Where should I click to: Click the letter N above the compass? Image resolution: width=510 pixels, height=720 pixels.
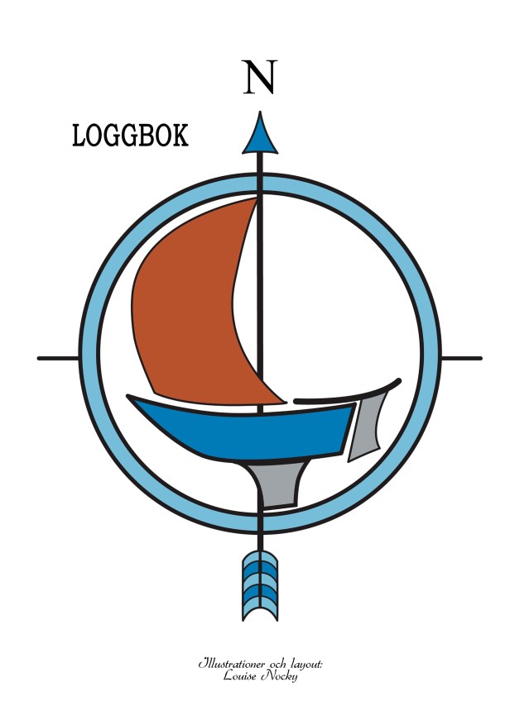point(260,77)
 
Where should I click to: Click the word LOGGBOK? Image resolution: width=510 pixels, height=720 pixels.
point(131,136)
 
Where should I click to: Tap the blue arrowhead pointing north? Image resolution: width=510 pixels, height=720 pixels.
point(260,133)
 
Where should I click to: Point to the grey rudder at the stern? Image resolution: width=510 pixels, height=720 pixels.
point(366,427)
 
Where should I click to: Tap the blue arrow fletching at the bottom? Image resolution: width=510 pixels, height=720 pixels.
point(260,585)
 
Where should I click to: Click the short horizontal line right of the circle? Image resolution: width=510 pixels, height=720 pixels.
point(461,358)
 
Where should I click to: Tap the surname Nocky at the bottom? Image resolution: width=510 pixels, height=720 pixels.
point(279,676)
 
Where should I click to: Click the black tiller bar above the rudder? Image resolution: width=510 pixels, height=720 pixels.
point(348,393)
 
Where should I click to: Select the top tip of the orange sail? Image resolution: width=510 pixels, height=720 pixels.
point(257,198)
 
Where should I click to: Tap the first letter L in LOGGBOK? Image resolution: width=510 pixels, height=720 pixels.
point(79,136)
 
